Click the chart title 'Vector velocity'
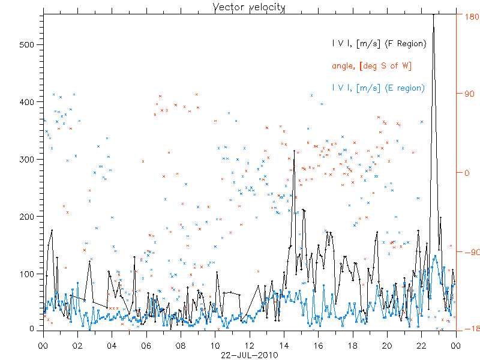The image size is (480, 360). click(249, 7)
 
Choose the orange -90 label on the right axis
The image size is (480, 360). click(469, 253)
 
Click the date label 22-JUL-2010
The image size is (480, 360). click(249, 355)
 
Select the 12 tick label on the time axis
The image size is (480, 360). click(250, 346)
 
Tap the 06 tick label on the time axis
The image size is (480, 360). click(146, 346)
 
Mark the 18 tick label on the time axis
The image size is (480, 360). click(353, 346)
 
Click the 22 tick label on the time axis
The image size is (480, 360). click(422, 346)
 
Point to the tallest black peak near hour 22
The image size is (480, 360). click(433, 14)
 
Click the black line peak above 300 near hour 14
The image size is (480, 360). click(294, 160)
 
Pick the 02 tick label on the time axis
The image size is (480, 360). click(77, 346)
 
